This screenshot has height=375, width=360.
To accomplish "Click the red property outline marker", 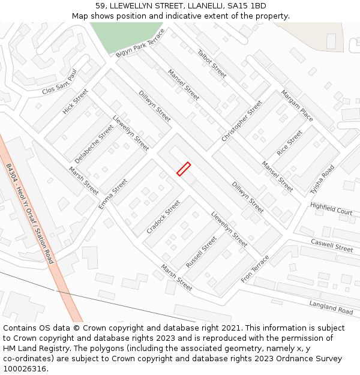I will point(184,169).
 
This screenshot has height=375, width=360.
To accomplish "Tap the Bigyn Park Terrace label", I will point(140,46).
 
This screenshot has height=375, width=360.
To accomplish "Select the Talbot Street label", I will point(212,64).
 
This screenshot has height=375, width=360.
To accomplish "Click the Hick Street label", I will point(75,101).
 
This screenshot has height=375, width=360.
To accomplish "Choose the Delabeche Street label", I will point(94,144).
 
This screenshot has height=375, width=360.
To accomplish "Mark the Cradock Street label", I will point(163,217).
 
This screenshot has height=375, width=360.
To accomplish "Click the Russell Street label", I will point(201,252).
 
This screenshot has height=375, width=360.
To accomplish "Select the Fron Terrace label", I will point(255,269).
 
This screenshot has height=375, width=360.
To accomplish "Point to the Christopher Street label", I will point(242,121).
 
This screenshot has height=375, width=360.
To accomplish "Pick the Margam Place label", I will point(297,106).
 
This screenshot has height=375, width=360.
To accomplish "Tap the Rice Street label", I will point(290,143).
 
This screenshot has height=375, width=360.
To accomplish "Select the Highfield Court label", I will point(331,208).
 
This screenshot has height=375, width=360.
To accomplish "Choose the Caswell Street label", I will point(332,245).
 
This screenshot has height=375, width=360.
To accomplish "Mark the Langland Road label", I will point(331,307).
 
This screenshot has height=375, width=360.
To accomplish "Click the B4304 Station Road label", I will point(30,214).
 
